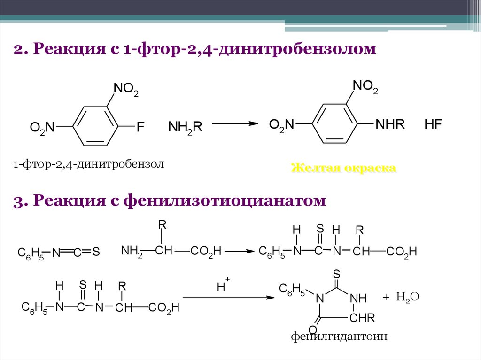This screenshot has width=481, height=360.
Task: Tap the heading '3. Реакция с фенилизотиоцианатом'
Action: [170, 201]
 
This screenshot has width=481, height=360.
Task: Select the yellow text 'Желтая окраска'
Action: [343, 168]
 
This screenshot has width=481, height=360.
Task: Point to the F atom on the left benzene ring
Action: [140, 127]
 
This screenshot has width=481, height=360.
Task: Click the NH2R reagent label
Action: [185, 127]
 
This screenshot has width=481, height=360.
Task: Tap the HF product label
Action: [434, 125]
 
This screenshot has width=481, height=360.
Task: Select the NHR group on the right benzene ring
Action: [390, 125]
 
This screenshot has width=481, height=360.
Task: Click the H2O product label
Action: [407, 297]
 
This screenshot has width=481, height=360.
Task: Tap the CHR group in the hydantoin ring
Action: [362, 319]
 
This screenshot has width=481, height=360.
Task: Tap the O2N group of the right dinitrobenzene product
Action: [281, 125]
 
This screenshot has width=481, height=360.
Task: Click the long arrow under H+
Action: [228, 298]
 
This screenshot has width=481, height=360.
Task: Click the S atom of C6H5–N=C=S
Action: [96, 253]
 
